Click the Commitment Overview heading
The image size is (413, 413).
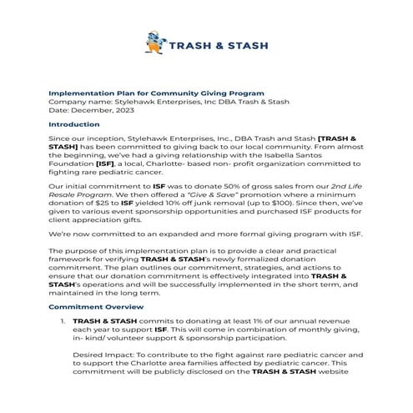pyautogui.click(x=94, y=306)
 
